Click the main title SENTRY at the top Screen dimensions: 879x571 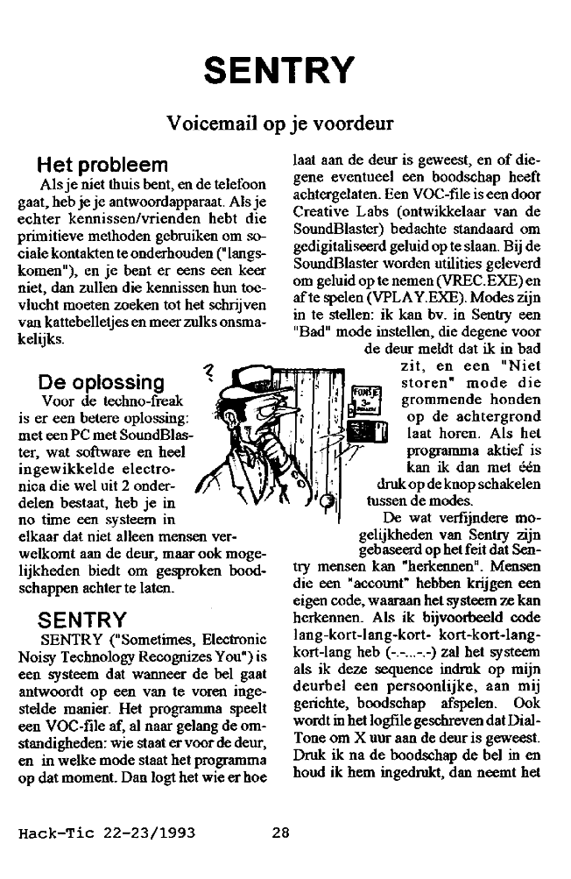pyautogui.click(x=285, y=67)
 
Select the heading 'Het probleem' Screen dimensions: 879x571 pyautogui.click(x=102, y=166)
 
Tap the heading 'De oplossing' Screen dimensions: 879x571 pyautogui.click(x=102, y=382)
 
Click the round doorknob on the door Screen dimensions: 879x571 pyautogui.click(x=328, y=501)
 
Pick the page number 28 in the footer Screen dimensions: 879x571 pyautogui.click(x=280, y=833)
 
